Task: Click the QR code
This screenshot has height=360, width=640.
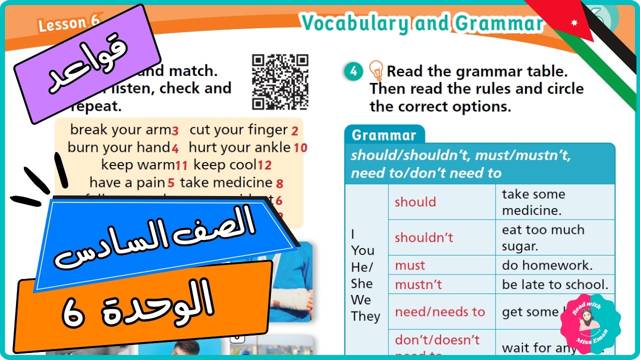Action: pos(280,81)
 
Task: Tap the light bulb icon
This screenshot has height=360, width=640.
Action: pos(376,71)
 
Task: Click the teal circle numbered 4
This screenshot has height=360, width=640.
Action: pos(353,72)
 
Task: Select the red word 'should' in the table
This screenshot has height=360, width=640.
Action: pos(415,202)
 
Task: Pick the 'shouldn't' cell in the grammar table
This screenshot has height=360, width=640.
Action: pos(423,237)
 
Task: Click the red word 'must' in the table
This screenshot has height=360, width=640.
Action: pos(410,265)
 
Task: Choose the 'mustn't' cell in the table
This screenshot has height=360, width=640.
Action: pos(418,284)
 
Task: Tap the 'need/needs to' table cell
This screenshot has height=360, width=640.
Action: pos(440,311)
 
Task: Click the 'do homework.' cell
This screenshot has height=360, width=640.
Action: pos(546,265)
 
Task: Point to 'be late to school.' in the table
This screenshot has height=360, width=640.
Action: pos(555,284)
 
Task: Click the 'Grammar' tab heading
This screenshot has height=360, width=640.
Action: pos(383,135)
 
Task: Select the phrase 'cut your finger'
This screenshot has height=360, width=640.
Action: pos(238,130)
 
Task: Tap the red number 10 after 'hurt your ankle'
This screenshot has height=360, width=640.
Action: pos(300,148)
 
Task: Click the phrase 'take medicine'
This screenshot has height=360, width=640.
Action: pos(226,183)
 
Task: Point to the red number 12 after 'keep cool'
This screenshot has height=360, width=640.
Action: pos(264,165)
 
